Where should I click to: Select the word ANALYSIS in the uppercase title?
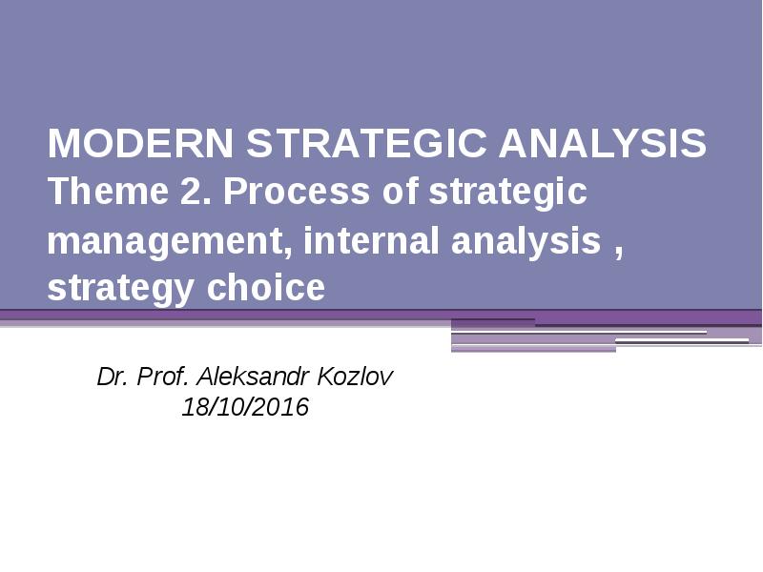pyautogui.click(x=603, y=145)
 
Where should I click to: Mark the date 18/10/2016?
pyautogui.click(x=245, y=408)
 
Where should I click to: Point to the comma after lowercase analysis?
pyautogui.click(x=619, y=251)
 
